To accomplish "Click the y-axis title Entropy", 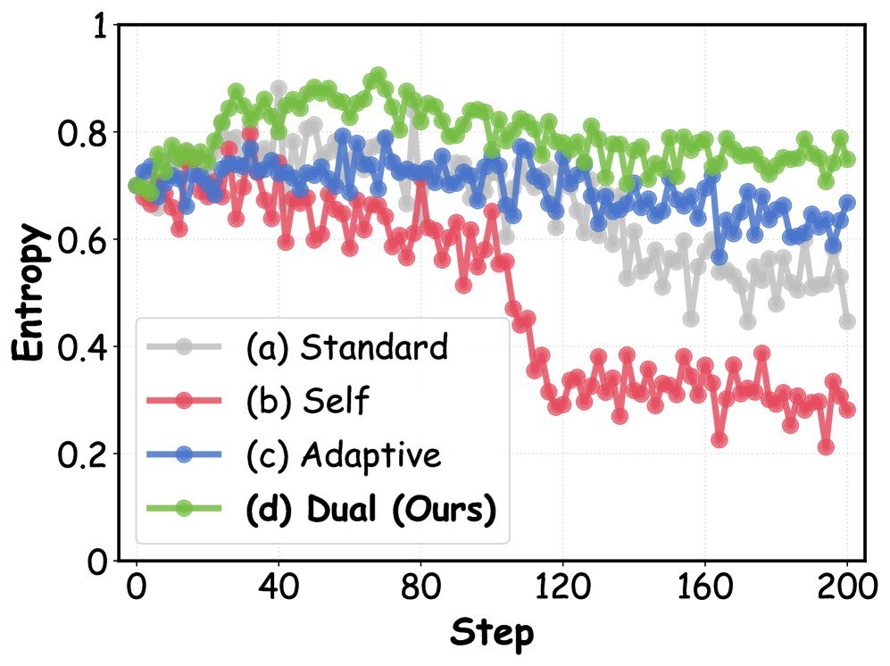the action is [28, 293].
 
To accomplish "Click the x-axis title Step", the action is [492, 632].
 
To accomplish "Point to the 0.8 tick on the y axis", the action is [82, 133].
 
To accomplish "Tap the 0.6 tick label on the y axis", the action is [82, 240].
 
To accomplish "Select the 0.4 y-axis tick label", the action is [82, 347].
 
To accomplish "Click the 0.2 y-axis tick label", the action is [82, 454].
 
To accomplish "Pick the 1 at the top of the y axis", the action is [100, 27].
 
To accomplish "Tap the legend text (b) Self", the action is [308, 400].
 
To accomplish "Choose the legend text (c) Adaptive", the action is [344, 454].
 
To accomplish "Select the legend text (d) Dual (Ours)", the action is [371, 508].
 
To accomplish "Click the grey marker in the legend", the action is [183, 346].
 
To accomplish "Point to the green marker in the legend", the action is [183, 508].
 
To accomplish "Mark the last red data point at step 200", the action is [847, 410].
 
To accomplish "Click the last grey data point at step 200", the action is [847, 321].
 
